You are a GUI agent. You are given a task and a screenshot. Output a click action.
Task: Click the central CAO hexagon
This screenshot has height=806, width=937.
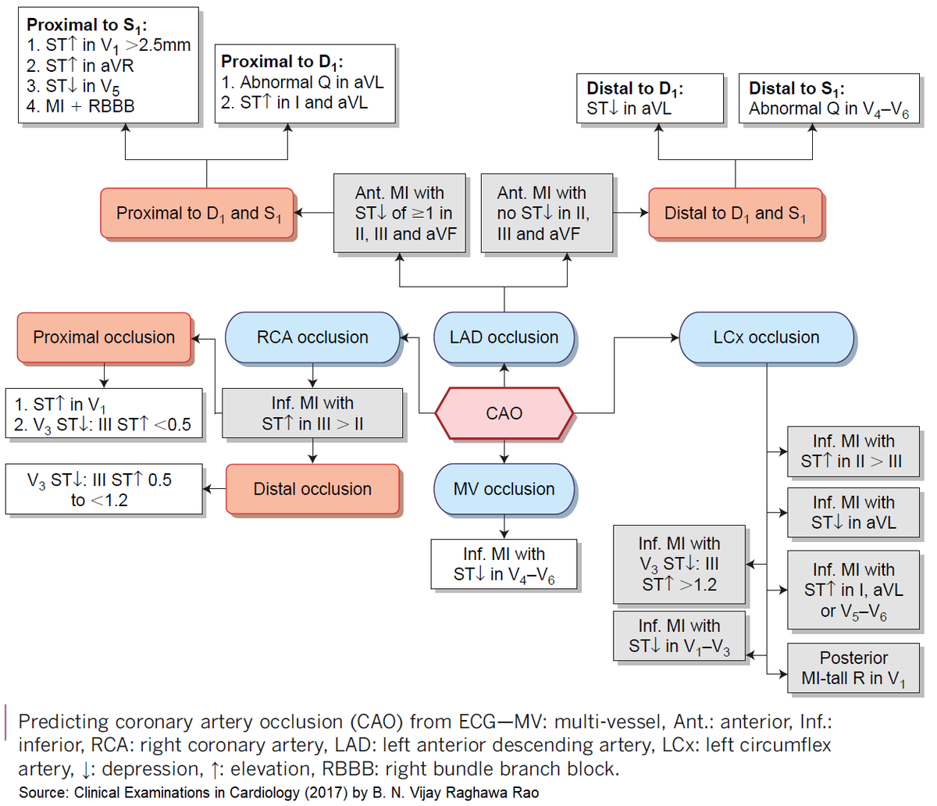coord(504,412)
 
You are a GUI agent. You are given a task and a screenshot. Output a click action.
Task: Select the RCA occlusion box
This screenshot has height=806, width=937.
coord(312,337)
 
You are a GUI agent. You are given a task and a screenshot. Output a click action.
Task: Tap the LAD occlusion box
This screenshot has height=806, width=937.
coord(504,337)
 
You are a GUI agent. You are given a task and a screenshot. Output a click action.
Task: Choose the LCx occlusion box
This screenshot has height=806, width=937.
coord(766,337)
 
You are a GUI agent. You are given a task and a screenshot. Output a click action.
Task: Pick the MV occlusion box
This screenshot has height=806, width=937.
coord(504,489)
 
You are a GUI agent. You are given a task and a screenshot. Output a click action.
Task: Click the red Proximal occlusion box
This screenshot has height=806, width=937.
coord(104,337)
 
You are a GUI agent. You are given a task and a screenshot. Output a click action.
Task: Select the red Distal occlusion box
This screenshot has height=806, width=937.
coord(312,489)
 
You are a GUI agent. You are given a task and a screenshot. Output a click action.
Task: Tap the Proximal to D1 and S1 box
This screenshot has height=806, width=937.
coord(197,213)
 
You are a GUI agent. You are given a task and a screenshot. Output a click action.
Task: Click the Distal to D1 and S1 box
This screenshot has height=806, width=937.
coord(735,213)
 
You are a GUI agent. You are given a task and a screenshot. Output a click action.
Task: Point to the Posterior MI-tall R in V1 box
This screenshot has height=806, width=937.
coord(853,669)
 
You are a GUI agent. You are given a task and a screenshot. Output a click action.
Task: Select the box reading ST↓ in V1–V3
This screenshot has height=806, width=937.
coord(679,637)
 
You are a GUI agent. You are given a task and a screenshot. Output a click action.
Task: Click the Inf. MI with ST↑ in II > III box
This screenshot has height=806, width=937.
coord(853,451)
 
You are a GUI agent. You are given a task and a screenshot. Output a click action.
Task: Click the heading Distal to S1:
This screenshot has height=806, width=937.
coord(796,88)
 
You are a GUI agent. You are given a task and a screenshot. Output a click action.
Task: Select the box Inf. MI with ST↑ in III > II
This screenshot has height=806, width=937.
coord(312,413)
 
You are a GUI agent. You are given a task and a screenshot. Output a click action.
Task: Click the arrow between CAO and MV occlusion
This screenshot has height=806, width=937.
coord(504,451)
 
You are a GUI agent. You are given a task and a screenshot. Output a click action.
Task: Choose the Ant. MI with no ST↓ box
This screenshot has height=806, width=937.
coord(547,213)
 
